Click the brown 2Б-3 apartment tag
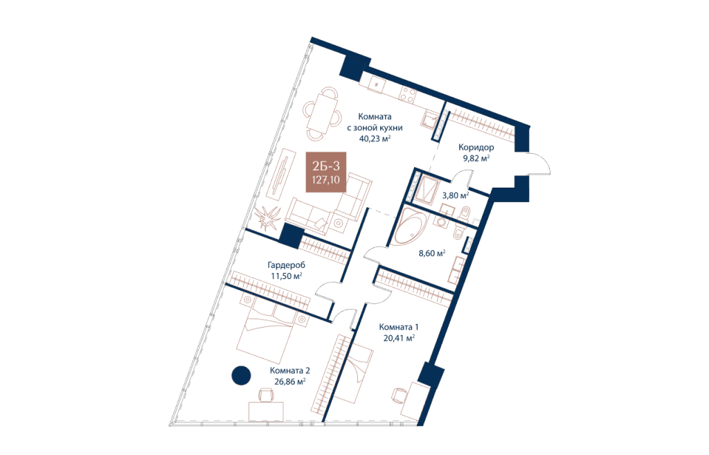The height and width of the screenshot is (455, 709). (325, 172)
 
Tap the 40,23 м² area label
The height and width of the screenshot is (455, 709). (375, 139)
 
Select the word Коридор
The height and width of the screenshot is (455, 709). (476, 147)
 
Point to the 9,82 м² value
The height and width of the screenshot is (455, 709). (476, 159)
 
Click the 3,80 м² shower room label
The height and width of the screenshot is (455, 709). (456, 195)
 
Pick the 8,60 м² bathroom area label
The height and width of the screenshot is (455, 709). (432, 253)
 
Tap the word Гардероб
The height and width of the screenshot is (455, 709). (286, 265)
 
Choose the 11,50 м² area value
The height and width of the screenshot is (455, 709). (286, 276)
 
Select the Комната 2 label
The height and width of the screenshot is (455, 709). (290, 371)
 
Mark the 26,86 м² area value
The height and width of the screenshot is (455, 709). (290, 382)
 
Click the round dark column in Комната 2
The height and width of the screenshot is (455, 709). (241, 375)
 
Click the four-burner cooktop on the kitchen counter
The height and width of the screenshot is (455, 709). (408, 96)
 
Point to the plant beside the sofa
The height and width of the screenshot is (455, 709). (268, 218)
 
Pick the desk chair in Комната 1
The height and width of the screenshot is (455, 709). (400, 395)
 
